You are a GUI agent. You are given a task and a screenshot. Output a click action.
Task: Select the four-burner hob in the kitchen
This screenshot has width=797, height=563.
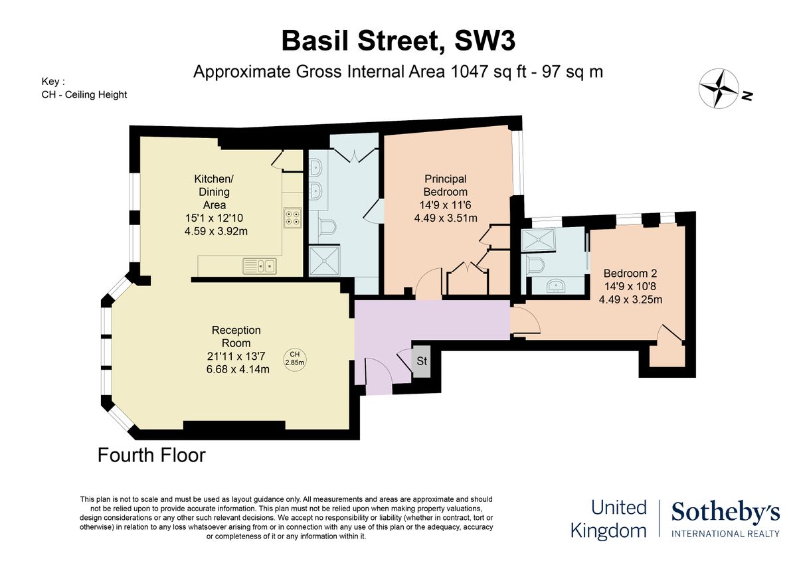coord(292,218)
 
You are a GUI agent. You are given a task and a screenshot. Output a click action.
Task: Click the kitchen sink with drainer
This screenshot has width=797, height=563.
coord(260,266)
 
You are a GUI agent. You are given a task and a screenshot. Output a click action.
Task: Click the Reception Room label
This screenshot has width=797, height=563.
coord(236,337)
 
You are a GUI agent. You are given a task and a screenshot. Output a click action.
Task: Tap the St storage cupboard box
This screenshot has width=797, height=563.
coord(422,362)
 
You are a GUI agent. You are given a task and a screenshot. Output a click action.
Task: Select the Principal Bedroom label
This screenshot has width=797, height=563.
coord(446,185)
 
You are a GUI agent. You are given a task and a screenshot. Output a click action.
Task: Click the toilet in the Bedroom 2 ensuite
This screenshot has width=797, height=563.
coord(535,266)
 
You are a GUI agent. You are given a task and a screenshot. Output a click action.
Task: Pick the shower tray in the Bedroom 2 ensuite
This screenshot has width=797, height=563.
coord(541,240)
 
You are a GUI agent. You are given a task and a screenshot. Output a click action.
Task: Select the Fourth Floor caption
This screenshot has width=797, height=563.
coord(151,455)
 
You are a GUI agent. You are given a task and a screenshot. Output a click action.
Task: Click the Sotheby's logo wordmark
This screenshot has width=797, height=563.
coord(725,512)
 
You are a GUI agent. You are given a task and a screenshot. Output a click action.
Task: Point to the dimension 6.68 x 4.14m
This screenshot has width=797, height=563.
coord(237,369)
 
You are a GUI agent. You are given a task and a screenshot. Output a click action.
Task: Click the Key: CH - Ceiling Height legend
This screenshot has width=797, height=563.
coord(84,88)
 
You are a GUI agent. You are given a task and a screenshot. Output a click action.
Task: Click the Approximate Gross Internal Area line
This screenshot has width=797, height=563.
coord(398,72)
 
